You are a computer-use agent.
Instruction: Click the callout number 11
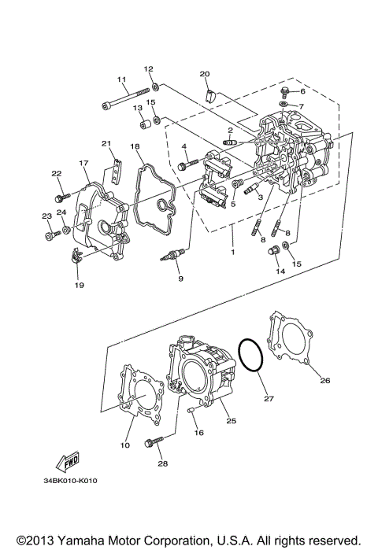(x=122, y=79)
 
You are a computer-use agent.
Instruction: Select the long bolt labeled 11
(x=126, y=100)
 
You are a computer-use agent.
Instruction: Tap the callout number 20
(x=205, y=74)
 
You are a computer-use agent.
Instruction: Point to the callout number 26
(x=324, y=380)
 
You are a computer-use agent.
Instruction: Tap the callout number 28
(x=162, y=463)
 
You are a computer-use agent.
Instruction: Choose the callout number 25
(x=232, y=421)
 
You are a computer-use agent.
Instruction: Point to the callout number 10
(x=124, y=445)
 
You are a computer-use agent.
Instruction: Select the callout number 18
(x=135, y=146)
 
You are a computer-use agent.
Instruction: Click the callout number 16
(x=199, y=433)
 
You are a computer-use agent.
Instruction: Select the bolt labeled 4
(x=184, y=166)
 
